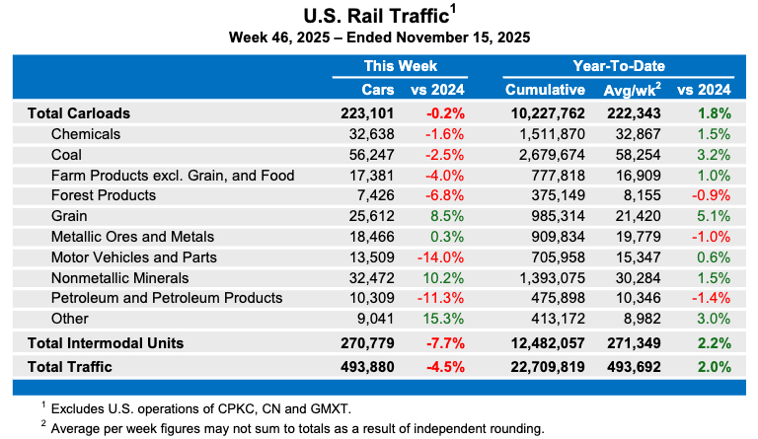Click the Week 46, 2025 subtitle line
click(379, 37)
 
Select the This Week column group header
click(400, 66)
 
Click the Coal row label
click(68, 154)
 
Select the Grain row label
click(70, 216)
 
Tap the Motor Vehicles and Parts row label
click(133, 256)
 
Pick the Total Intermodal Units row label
click(119, 343)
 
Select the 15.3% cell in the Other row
click(444, 319)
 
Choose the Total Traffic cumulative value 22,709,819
click(545, 367)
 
